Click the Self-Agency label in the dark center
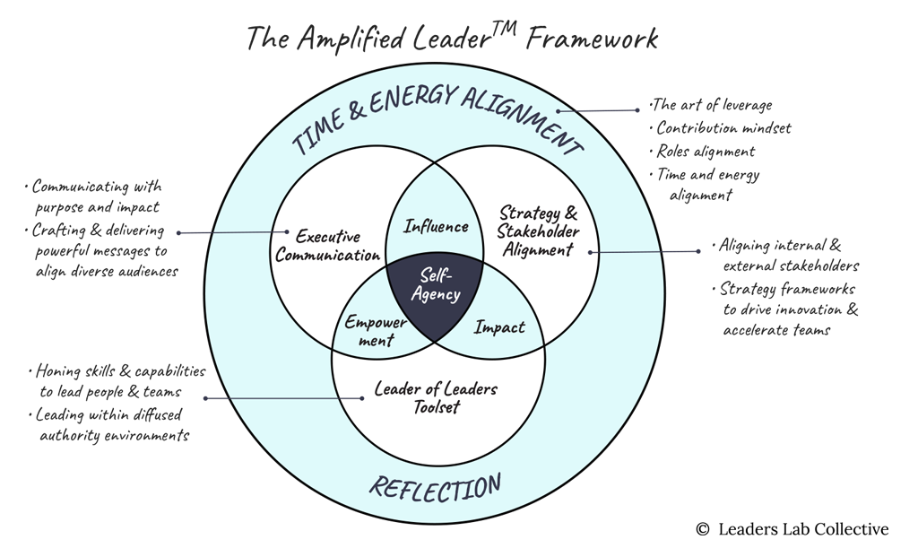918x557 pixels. pyautogui.click(x=435, y=284)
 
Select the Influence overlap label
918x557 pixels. pyautogui.click(x=436, y=226)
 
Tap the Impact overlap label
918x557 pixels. pyautogui.click(x=499, y=327)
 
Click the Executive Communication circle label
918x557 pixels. pyautogui.click(x=328, y=246)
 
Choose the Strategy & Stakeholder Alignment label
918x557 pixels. pyautogui.click(x=538, y=231)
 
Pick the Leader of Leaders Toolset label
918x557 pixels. pyautogui.click(x=436, y=397)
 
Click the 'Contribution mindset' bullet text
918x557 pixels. pyautogui.click(x=724, y=128)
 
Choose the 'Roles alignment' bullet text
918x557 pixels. pyautogui.click(x=706, y=152)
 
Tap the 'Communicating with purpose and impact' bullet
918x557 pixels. pyautogui.click(x=98, y=196)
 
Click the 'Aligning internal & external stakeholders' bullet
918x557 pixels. pyautogui.click(x=789, y=255)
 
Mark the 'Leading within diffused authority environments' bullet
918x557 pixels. pyautogui.click(x=112, y=425)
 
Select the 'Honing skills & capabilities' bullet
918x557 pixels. pyautogui.click(x=121, y=371)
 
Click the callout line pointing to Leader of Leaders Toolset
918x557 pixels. pyautogui.click(x=287, y=398)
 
